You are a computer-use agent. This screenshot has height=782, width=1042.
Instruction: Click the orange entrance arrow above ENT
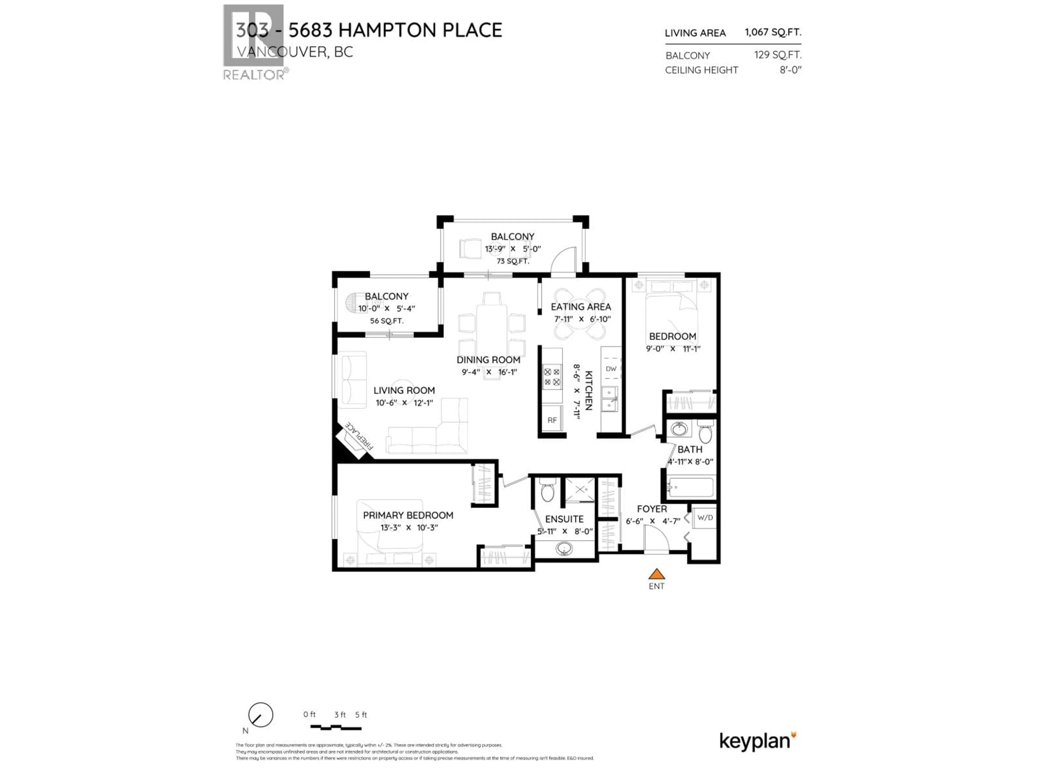tap(656, 574)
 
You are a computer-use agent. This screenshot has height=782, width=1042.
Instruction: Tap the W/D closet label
tap(705, 518)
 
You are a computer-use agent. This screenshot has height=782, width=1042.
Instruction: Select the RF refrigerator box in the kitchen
tap(552, 420)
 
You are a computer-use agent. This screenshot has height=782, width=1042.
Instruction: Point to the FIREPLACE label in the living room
tap(359, 436)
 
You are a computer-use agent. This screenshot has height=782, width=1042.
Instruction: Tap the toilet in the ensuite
tap(547, 492)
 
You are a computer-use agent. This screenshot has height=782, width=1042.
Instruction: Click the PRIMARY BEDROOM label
tap(408, 515)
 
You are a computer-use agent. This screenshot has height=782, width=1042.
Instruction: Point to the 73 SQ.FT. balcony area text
tap(513, 261)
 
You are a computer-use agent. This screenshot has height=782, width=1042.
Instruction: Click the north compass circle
tap(260, 715)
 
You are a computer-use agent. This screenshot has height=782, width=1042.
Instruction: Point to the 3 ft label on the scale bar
tap(340, 715)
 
